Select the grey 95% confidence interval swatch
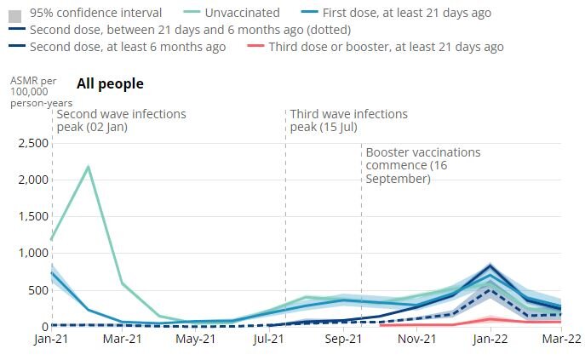pyautogui.click(x=14, y=13)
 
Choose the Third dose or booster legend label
pyautogui.click(x=386, y=47)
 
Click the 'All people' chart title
pyautogui.click(x=110, y=83)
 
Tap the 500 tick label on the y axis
pyautogui.click(x=35, y=290)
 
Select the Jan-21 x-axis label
pyautogui.click(x=50, y=339)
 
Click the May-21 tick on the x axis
pyautogui.click(x=196, y=339)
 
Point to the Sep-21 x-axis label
pyautogui.click(x=342, y=339)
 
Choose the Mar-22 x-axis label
pyautogui.click(x=561, y=339)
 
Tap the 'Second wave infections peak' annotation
pyautogui.click(x=121, y=120)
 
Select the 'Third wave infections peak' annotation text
pyautogui.click(x=348, y=120)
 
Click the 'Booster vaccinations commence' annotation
pyautogui.click(x=423, y=165)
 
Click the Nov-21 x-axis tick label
pyautogui.click(x=416, y=339)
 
